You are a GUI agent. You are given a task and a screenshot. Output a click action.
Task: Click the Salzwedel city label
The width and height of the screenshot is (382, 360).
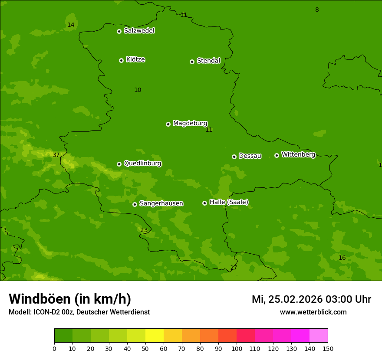(x=139, y=31)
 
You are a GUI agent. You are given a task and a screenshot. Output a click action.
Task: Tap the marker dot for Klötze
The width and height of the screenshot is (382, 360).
(x=121, y=60)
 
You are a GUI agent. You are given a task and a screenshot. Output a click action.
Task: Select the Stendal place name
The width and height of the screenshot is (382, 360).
(x=208, y=61)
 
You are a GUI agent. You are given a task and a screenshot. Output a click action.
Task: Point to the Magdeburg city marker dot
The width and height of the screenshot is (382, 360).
(x=168, y=124)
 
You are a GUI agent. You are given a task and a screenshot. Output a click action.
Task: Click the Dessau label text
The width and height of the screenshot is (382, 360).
(x=250, y=156)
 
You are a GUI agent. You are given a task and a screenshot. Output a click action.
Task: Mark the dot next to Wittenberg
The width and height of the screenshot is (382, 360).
(x=277, y=155)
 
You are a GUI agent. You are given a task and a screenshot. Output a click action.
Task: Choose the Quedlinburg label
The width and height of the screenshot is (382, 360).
(x=142, y=164)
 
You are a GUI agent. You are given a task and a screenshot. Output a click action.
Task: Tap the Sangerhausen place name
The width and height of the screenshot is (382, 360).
(x=161, y=203)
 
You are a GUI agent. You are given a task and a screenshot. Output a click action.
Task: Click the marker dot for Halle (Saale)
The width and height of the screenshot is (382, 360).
(x=204, y=203)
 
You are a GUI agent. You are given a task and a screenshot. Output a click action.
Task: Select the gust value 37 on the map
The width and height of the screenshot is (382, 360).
(x=56, y=155)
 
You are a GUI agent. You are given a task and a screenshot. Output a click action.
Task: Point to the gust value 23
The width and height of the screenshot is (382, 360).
(x=144, y=230)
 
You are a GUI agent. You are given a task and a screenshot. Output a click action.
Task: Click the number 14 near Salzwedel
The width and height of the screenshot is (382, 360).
(x=71, y=25)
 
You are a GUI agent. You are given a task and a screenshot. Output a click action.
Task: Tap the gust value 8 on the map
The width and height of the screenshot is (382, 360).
(x=317, y=10)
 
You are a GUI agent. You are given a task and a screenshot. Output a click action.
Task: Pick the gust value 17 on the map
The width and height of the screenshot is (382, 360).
(x=234, y=268)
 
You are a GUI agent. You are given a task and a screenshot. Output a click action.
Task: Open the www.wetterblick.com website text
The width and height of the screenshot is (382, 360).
(x=313, y=312)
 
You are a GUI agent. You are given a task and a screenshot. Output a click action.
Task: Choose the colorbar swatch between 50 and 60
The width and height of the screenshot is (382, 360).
(x=155, y=336)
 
